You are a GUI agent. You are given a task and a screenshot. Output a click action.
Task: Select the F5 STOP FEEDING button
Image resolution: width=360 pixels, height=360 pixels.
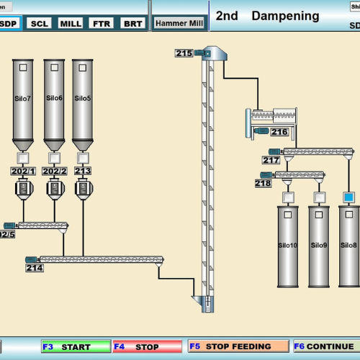tap(238, 346)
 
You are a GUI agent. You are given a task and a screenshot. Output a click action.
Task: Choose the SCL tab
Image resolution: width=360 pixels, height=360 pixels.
tap(38, 23)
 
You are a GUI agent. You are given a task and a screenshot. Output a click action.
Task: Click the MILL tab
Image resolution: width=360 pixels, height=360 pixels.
tap(70, 23)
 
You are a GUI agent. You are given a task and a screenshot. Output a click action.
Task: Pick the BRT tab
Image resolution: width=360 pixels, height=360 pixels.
tap(132, 23)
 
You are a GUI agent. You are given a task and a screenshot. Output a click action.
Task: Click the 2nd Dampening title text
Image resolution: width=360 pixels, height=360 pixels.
tap(267, 16)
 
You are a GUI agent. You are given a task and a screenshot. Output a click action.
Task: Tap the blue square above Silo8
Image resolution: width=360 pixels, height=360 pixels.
tap(349, 197)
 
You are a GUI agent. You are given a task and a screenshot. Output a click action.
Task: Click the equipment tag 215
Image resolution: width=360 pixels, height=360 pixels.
tap(184, 53)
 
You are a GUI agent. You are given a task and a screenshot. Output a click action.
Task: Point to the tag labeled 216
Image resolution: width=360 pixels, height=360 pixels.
tap(279, 132)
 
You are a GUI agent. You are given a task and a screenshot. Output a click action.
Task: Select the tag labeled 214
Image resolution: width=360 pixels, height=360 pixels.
tap(35, 268)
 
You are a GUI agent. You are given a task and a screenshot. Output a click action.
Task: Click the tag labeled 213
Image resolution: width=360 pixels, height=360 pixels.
tap(83, 171)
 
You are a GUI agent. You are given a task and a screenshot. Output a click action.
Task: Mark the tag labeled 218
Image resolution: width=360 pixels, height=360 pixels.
tap(263, 184)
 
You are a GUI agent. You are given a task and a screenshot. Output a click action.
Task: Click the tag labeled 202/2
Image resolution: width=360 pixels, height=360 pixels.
tap(54, 171)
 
